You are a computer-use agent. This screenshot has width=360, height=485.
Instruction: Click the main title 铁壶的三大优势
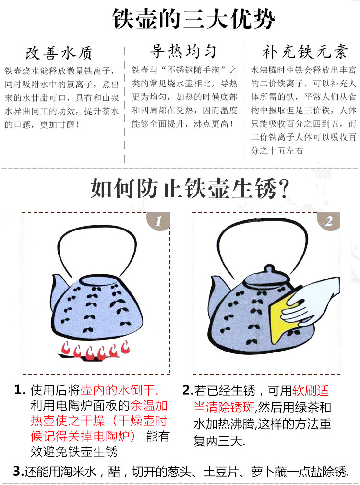(193, 19)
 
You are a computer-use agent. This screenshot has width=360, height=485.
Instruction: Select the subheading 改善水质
(59, 53)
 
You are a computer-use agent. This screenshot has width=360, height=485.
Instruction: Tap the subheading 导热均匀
(183, 51)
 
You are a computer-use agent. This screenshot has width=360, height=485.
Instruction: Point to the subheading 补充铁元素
(305, 51)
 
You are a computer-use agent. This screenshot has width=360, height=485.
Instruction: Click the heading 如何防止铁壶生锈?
(189, 188)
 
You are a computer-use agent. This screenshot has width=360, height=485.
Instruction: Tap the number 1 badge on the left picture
(158, 221)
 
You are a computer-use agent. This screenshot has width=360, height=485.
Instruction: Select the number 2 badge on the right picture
(328, 221)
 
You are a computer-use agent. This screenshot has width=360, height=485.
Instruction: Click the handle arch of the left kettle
(97, 230)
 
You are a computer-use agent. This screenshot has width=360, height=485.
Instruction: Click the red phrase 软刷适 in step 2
(311, 391)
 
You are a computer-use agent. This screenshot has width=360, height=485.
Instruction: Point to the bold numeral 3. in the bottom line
(19, 472)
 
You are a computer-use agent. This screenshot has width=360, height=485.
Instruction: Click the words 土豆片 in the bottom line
(221, 472)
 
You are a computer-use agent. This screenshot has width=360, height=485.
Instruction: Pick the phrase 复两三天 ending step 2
(218, 440)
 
